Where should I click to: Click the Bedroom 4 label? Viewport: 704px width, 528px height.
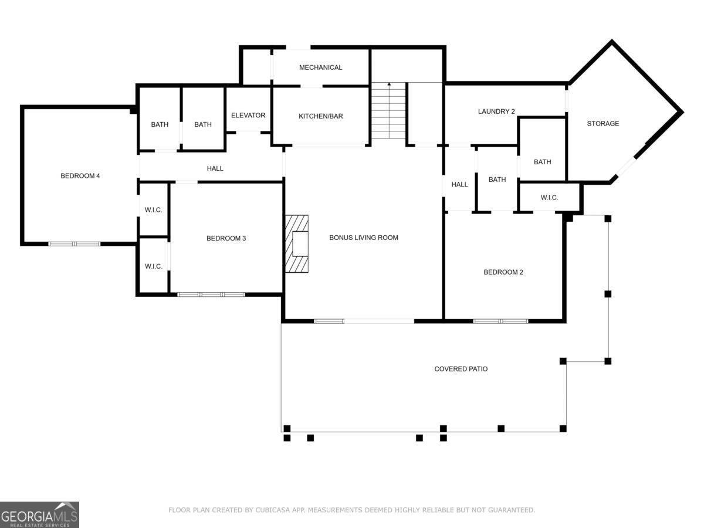point(80,175)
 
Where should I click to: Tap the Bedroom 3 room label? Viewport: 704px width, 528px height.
point(226,238)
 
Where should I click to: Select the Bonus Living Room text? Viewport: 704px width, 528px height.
point(364,238)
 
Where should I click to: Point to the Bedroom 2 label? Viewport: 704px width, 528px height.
point(503,272)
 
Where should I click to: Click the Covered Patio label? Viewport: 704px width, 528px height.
point(461,369)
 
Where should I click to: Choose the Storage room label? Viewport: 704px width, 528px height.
point(603,123)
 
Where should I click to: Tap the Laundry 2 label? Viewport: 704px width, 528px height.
point(496,111)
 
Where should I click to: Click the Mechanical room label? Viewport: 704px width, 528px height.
point(320,67)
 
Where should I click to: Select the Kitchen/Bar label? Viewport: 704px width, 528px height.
point(321,116)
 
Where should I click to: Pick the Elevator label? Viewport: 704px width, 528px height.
point(248,115)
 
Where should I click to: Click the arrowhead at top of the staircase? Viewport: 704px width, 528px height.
point(389,84)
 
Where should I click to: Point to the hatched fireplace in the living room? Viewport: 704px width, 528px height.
point(297,243)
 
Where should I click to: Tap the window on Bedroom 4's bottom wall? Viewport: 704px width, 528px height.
point(74,244)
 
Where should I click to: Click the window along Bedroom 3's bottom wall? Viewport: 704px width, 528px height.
point(211,295)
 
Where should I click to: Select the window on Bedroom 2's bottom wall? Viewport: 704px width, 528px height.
point(500,321)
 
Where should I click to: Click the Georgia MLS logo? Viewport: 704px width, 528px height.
point(39,515)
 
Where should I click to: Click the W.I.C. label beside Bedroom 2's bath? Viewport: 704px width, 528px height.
point(549,198)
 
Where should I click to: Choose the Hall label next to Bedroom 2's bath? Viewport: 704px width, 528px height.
point(459,184)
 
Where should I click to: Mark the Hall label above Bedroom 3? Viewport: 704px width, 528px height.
point(215,168)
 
